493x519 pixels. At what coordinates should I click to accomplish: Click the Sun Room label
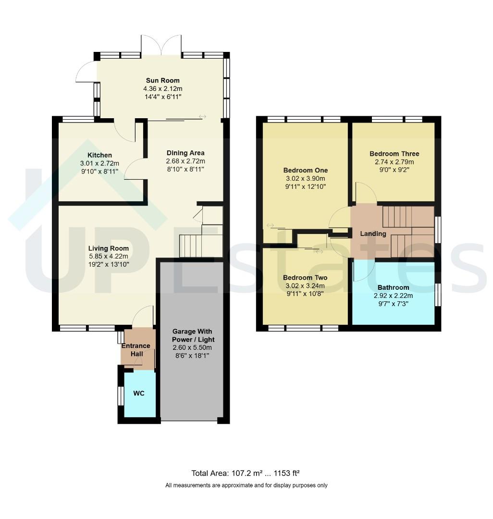[163, 80]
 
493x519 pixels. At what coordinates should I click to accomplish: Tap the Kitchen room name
[99, 155]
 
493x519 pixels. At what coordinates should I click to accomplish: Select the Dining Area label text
[185, 153]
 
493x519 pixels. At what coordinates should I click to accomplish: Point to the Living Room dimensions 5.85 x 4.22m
[109, 256]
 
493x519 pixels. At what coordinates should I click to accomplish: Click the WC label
[139, 393]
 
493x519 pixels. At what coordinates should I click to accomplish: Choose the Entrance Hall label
[136, 350]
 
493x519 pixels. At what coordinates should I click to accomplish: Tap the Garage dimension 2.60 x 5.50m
[192, 347]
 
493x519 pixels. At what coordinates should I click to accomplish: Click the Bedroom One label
[306, 171]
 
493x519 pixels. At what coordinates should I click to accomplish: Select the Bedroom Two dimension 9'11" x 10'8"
[305, 294]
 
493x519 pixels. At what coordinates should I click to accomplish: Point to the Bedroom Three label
[394, 154]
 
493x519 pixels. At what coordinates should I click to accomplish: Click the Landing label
[373, 234]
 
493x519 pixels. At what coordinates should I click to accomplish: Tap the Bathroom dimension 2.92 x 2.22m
[393, 296]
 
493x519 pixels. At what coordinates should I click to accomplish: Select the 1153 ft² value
[286, 473]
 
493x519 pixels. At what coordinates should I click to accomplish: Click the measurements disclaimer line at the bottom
[246, 485]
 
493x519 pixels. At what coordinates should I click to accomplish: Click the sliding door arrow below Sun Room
[202, 116]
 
